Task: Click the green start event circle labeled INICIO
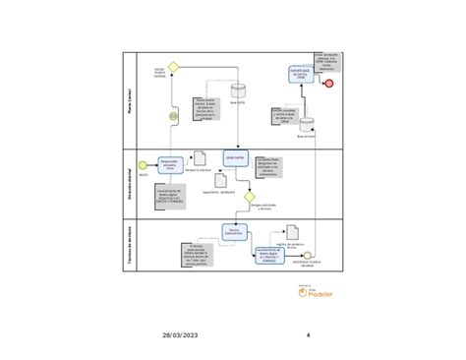(143, 163)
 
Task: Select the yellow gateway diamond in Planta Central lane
(174, 67)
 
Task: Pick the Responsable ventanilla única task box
(169, 162)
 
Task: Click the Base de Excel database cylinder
(307, 124)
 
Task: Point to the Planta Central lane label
(130, 98)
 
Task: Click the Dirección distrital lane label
(130, 182)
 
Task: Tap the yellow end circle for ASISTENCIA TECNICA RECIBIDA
(307, 256)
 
